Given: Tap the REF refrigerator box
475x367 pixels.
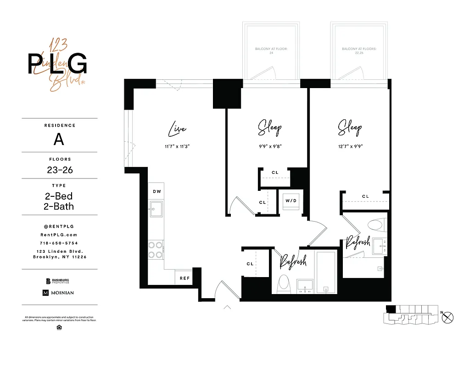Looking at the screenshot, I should [x=184, y=278].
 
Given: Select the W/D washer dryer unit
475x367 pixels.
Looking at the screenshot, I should [x=291, y=201].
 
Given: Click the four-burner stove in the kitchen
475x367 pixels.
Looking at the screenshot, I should [x=155, y=250].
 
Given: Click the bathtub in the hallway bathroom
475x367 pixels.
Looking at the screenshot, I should [x=326, y=272].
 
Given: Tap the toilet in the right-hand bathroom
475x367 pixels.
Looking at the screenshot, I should [x=376, y=225].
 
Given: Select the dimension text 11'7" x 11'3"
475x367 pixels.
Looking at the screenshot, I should [x=177, y=147].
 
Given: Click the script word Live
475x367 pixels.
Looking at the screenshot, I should [x=177, y=129].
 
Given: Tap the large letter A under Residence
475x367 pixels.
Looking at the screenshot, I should [x=59, y=139].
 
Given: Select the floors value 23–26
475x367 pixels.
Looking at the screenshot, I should [x=60, y=170].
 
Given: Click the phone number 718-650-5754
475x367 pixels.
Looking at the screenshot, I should [x=59, y=243].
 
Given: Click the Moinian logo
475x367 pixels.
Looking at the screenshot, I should [x=58, y=293].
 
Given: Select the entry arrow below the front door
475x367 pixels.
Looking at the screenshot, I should [x=227, y=307].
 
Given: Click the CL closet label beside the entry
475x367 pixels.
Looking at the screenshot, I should [x=250, y=264].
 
